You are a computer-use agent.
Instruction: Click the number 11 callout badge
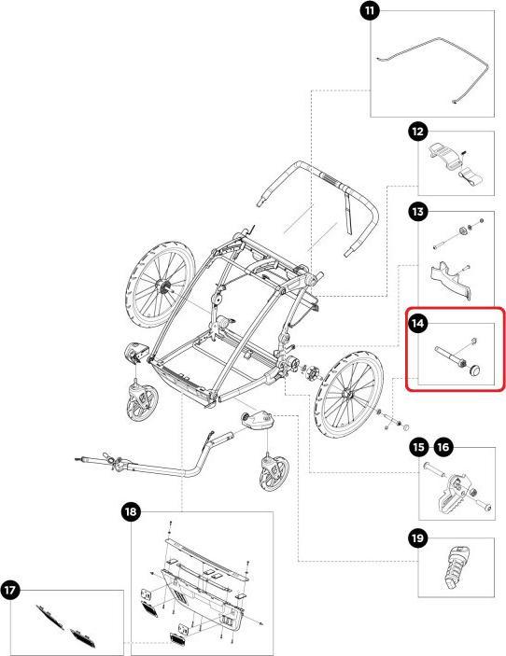370,10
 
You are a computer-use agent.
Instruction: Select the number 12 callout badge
417,132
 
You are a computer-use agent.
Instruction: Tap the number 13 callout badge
417,212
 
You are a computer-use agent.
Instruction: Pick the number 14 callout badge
417,324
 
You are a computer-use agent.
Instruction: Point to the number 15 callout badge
419,447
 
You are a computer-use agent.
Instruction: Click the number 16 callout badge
443,447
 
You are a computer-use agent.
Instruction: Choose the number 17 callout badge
10,591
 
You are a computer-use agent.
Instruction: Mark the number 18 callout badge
131,511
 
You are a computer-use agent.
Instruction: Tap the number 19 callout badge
417,538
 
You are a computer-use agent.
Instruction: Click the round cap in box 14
475,370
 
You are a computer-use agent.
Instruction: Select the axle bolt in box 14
450,356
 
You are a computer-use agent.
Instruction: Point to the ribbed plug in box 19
455,567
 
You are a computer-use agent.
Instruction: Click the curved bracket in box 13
450,281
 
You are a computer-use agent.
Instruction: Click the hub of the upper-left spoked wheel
162,286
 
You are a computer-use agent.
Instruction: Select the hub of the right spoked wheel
346,394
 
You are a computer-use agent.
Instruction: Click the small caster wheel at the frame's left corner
142,403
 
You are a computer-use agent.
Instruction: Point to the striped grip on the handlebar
331,180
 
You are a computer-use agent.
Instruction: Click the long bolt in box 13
448,240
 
